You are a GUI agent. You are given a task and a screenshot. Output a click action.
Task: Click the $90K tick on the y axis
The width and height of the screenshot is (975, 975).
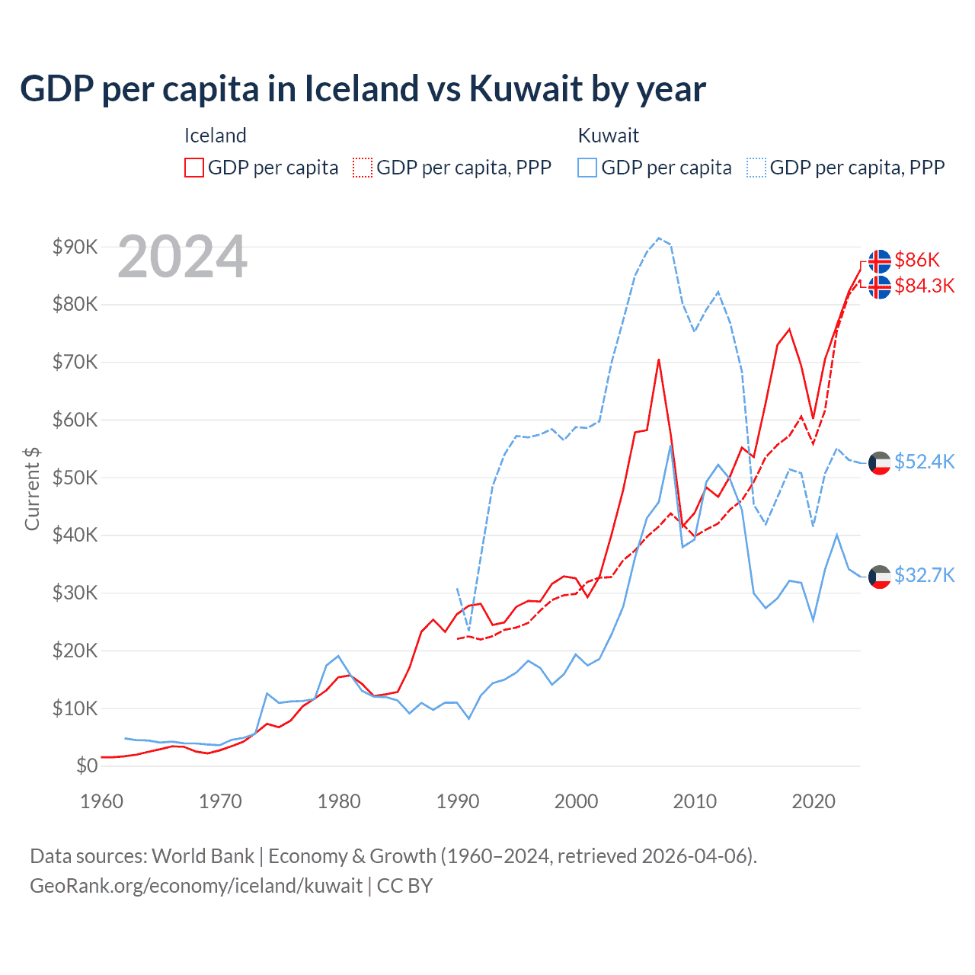coord(75,247)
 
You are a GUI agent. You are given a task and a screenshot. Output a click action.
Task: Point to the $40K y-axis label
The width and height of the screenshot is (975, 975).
coord(75,535)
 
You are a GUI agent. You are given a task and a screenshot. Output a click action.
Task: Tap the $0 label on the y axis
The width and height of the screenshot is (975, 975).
coord(86,766)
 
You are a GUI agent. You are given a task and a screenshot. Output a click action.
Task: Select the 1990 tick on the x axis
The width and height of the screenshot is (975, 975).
coord(458,801)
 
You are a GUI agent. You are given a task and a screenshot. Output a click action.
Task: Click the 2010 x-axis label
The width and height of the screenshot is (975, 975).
coord(695,801)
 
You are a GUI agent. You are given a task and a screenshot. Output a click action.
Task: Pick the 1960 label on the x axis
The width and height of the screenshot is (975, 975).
coord(101,801)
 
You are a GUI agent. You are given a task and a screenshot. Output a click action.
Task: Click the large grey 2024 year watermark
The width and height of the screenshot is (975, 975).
coord(183,257)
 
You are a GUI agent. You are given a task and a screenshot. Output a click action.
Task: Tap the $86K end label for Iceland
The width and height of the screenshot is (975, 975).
coord(917,260)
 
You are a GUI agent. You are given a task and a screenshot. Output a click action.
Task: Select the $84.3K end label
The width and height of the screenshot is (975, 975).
coord(924,286)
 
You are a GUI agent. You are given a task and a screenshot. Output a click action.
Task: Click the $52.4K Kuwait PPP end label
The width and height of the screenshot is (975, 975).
coord(924,462)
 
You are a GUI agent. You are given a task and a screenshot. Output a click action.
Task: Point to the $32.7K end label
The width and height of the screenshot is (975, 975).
coord(924,574)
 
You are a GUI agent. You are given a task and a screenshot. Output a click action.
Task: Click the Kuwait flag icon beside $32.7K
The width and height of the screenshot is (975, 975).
coord(880,577)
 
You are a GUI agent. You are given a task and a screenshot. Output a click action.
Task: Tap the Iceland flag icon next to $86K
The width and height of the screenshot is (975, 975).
coord(880,261)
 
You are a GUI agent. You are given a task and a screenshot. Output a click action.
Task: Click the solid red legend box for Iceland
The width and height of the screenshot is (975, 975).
coord(194,168)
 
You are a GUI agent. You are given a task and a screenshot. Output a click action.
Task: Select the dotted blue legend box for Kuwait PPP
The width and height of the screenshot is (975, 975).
coord(756,168)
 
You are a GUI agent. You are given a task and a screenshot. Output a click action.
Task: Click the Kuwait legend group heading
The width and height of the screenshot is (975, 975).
coord(608,136)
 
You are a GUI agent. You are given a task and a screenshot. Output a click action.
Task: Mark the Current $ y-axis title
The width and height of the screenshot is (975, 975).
coord(32,488)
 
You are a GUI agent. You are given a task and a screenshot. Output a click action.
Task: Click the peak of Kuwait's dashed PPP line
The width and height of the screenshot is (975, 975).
coord(659,238)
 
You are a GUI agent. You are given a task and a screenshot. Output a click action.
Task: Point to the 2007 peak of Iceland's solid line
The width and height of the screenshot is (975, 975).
coord(659,360)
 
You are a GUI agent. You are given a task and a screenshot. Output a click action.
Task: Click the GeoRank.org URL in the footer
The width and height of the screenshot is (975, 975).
coord(196,886)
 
